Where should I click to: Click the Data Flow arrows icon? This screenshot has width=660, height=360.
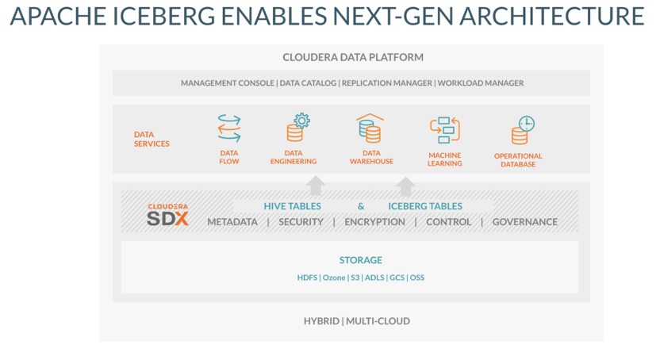click(229, 128)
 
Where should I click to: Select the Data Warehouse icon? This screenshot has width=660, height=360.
click(370, 128)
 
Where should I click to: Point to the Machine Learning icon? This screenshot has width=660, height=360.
click(444, 130)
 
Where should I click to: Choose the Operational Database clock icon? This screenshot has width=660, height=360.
click(523, 130)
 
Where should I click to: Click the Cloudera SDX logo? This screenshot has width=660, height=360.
click(167, 214)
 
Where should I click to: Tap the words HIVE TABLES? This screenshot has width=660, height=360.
click(293, 206)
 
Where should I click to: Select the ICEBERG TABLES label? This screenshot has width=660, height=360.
click(425, 206)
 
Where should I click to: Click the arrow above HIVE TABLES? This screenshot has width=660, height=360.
click(316, 186)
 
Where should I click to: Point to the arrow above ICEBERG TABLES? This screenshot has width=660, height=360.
click(406, 186)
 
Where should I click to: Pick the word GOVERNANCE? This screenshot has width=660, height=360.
click(525, 222)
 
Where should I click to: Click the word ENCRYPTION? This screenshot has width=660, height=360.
click(374, 222)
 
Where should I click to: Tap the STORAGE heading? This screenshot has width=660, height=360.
click(361, 260)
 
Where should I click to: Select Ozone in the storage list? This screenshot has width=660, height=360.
click(334, 278)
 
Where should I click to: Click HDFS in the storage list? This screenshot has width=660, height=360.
click(307, 278)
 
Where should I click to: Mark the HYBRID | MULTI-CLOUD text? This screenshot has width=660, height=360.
click(357, 321)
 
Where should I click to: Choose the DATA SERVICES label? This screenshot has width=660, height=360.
click(152, 140)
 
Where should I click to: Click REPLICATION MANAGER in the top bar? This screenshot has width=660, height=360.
click(387, 82)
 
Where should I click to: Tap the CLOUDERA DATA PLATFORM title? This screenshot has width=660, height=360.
click(353, 57)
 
